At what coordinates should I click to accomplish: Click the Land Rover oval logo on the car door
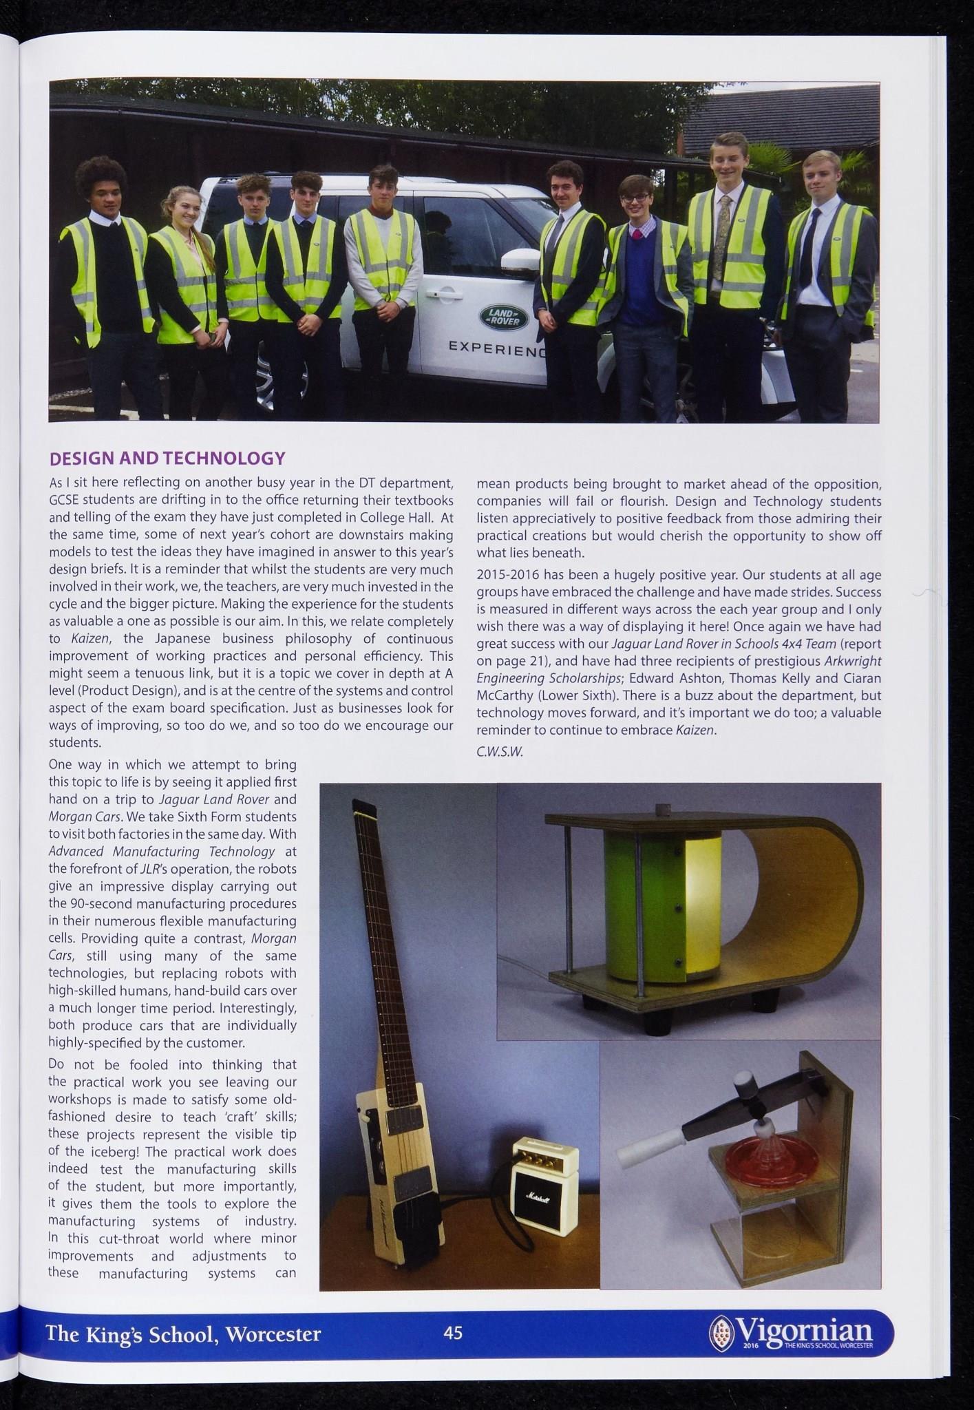coord(503,317)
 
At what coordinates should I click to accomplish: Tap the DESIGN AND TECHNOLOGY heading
coord(168,459)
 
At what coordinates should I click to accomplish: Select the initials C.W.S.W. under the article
coord(500,752)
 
